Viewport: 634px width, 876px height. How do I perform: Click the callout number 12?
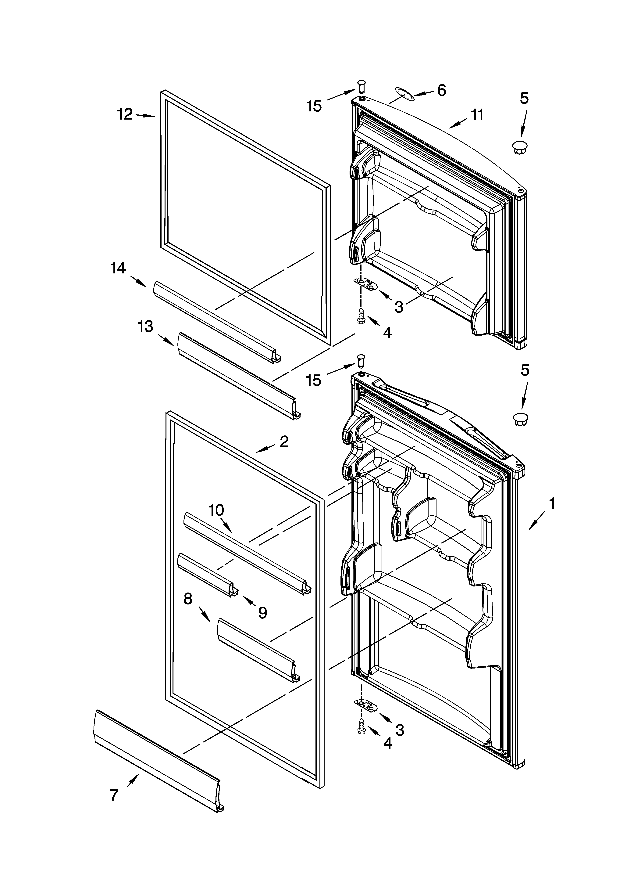point(125,114)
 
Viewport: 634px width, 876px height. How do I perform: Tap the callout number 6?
point(441,90)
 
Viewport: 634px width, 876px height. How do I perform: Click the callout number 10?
point(216,510)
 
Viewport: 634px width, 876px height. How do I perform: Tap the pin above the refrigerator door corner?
point(361,360)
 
